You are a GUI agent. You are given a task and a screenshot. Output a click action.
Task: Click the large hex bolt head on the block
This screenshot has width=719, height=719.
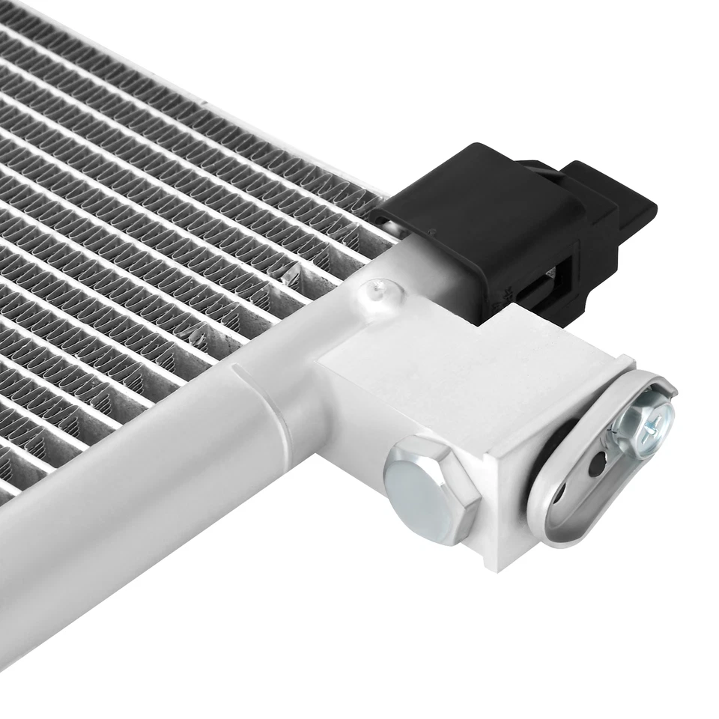(x=431, y=491)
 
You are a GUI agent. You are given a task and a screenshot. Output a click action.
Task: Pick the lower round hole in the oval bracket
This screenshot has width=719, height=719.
(x=561, y=495)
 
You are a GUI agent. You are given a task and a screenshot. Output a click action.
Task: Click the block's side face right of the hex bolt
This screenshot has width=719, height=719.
(x=498, y=517)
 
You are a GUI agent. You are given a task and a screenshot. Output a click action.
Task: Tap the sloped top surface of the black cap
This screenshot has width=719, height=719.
(x=464, y=172)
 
